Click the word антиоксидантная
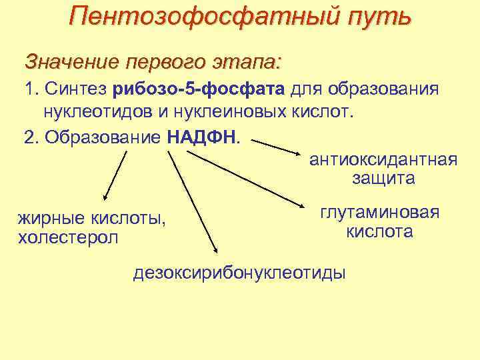[x=383, y=161]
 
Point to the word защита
[x=383, y=179]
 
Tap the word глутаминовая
[x=379, y=213]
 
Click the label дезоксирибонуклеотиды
[x=240, y=273]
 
